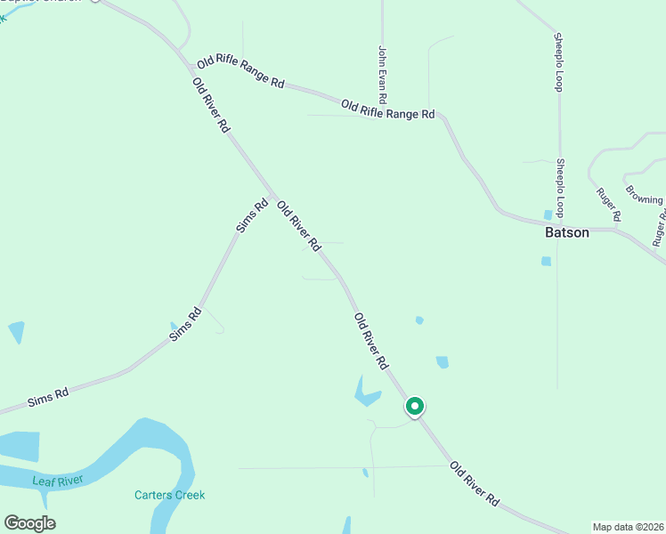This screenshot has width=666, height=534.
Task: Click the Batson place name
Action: tap(567, 232)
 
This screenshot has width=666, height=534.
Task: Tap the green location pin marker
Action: tap(415, 407)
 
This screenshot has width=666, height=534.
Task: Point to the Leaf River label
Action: tap(57, 481)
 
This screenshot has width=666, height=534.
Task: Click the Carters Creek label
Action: tap(169, 495)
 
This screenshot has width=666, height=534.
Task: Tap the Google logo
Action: tap(29, 523)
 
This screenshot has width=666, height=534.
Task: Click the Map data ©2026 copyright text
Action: tap(627, 527)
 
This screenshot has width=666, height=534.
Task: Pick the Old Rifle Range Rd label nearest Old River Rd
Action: tap(240, 72)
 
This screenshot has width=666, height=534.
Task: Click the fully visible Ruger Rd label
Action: tap(609, 206)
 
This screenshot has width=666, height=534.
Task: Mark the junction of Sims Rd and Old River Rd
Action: tap(272, 196)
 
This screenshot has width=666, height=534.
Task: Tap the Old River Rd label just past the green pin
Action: tap(474, 485)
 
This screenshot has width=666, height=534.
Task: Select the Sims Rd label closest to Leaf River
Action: tap(49, 397)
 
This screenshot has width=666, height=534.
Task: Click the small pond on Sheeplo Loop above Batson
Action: tap(548, 214)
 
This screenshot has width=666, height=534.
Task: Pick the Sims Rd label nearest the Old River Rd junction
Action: tap(252, 216)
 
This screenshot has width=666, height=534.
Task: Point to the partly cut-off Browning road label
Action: tap(644, 194)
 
